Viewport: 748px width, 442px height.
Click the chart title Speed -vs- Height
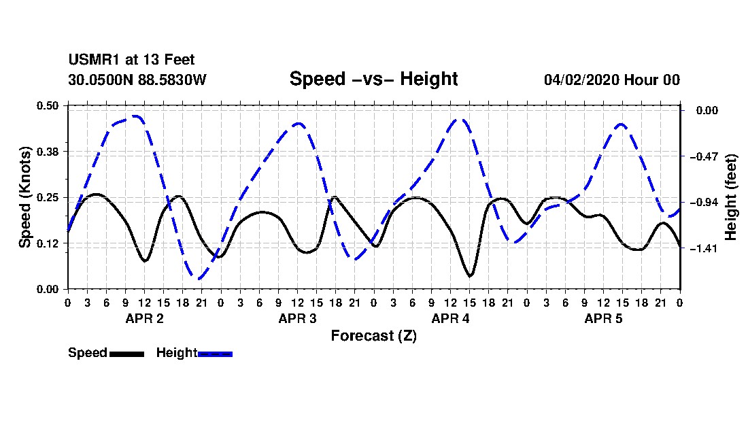[x=373, y=79]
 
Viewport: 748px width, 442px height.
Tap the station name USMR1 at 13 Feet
[x=131, y=60]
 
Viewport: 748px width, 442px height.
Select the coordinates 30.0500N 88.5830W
[x=137, y=80]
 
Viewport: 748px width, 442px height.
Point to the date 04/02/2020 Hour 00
[x=612, y=80]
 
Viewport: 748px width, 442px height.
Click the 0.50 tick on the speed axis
[x=48, y=105]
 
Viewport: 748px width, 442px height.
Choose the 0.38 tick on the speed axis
[x=48, y=152]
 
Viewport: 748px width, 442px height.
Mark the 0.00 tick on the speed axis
[x=48, y=290]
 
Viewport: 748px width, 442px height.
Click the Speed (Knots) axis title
[x=24, y=197]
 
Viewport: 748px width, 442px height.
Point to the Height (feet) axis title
[x=731, y=197]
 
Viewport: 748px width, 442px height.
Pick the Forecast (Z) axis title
[x=373, y=336]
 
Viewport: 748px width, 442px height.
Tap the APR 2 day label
[x=145, y=318]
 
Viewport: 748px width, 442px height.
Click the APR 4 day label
[x=450, y=318]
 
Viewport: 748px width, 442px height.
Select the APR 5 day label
[x=603, y=318]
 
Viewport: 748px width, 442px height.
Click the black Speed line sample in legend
[x=127, y=354]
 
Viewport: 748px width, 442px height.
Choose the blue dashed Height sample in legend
[x=215, y=354]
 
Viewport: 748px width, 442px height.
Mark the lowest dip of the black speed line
[x=470, y=276]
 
